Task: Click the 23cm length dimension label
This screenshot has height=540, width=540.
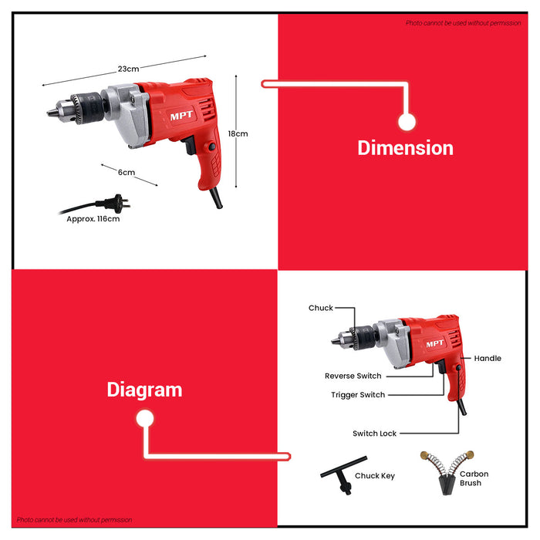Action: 128,69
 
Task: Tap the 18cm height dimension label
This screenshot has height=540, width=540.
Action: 238,133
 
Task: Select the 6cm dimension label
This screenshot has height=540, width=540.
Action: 127,172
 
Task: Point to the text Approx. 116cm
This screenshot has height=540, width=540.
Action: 93,218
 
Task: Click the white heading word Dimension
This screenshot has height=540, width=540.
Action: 405,147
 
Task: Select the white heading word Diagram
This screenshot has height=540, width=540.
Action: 144,390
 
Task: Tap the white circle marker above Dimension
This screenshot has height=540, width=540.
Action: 407,121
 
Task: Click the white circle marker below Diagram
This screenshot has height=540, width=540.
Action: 144,419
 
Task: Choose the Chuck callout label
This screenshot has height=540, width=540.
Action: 321,308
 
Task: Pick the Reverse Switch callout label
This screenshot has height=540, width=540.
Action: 353,376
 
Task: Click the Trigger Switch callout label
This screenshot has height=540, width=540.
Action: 358,395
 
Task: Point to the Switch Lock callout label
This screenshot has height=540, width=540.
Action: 374,434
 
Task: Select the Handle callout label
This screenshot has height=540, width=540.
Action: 488,358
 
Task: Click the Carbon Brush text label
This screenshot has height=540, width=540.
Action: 474,478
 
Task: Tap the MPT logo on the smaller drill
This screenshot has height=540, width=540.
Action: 435,344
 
